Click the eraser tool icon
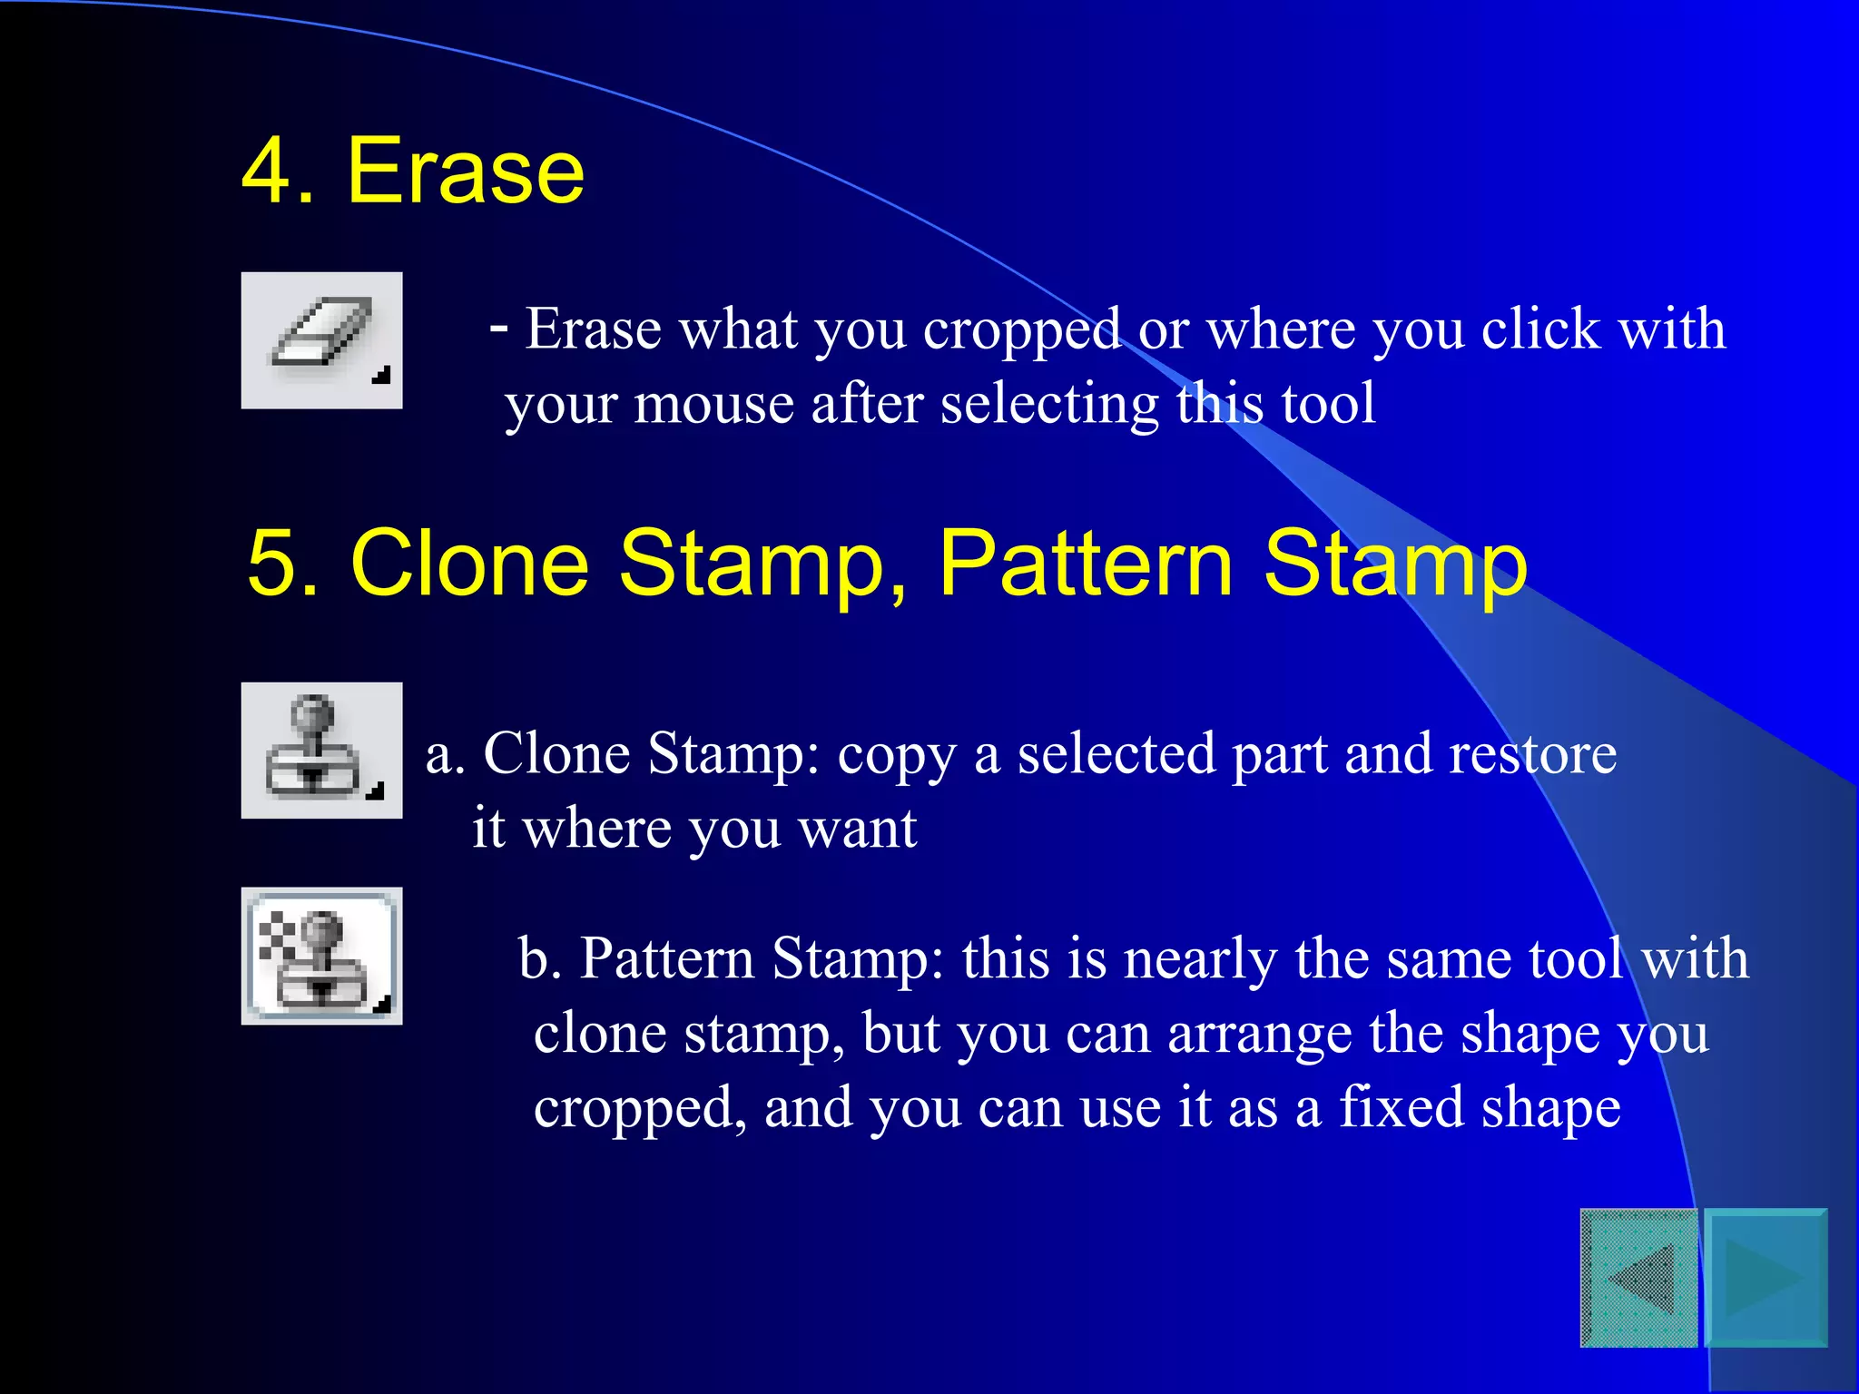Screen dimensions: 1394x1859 (x=321, y=340)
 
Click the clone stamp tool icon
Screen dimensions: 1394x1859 (x=321, y=751)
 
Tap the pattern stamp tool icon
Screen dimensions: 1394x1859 (x=321, y=956)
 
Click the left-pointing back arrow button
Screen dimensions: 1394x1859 (x=1639, y=1278)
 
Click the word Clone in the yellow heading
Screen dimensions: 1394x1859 (x=470, y=564)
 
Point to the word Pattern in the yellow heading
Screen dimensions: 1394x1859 (x=1086, y=564)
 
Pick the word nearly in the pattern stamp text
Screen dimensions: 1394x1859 (x=1199, y=959)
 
